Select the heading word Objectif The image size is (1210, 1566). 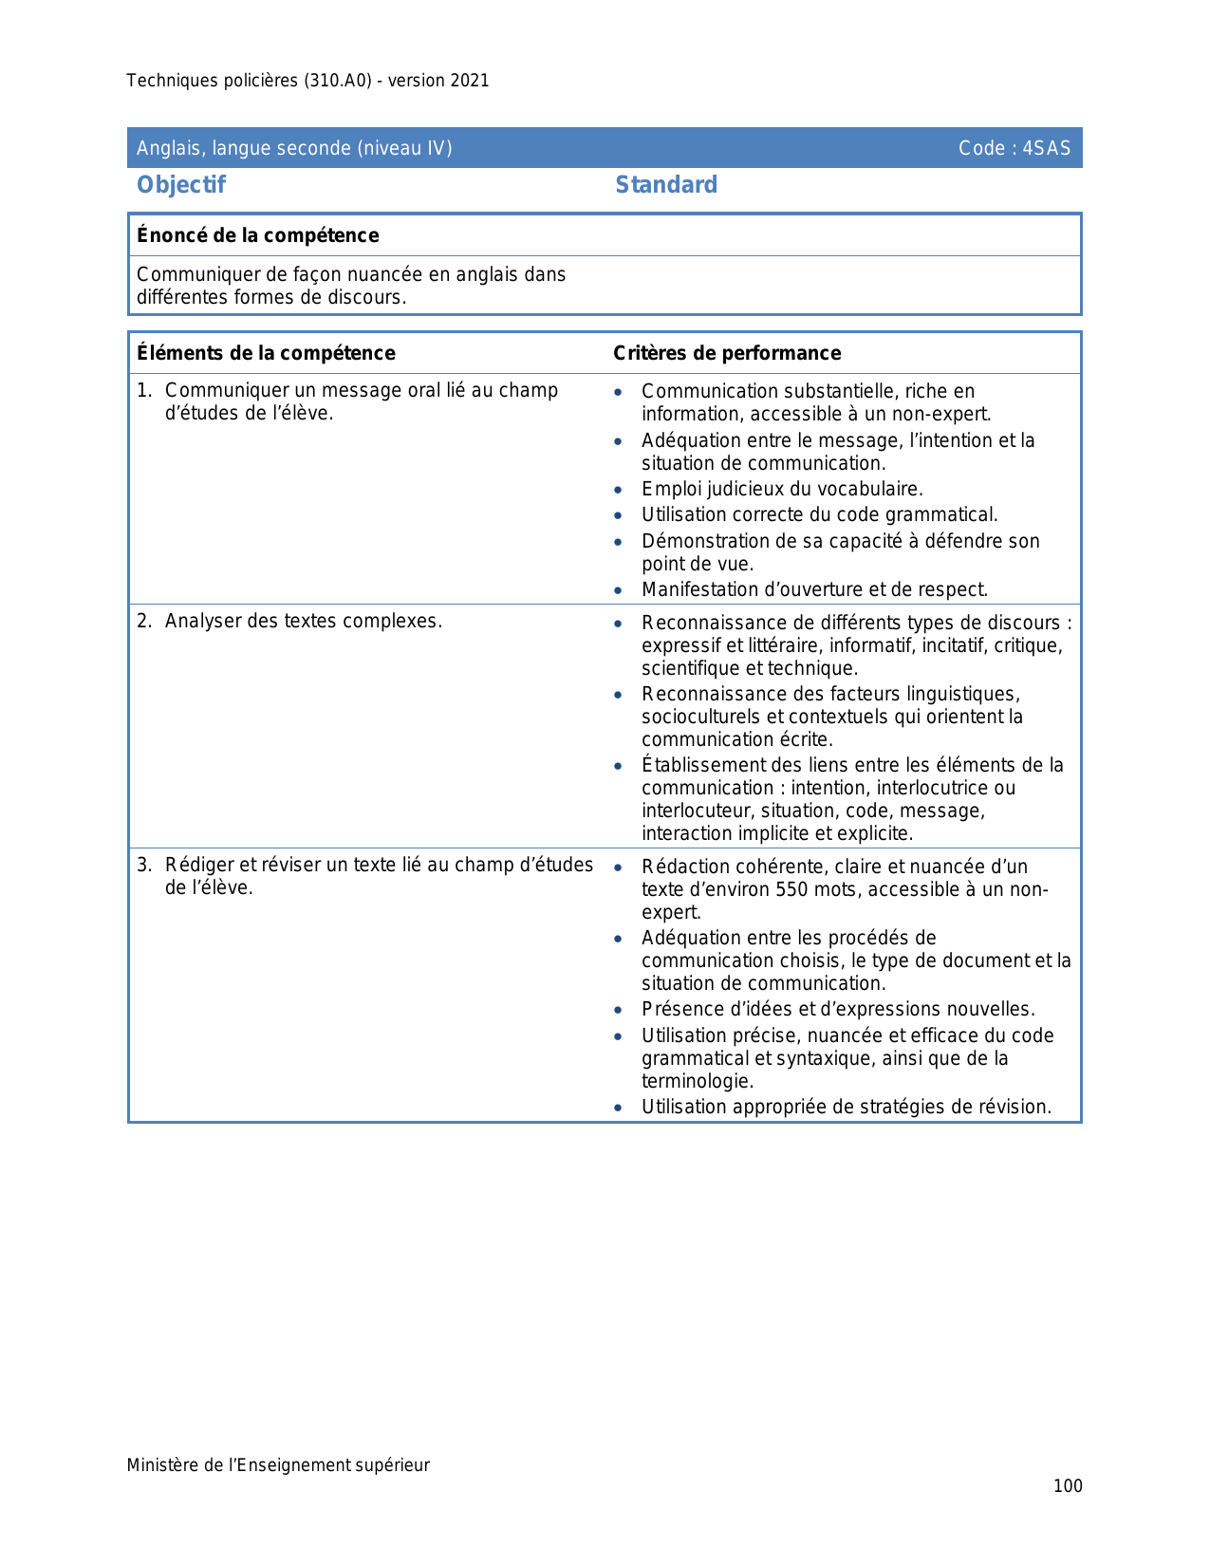click(181, 185)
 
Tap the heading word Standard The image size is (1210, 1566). click(666, 185)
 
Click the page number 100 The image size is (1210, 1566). click(1068, 1486)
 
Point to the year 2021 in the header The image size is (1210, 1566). click(470, 81)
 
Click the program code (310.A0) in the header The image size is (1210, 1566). click(338, 81)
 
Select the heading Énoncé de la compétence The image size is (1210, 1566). click(258, 235)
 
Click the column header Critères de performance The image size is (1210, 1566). click(727, 353)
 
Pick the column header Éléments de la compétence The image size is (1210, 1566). click(266, 353)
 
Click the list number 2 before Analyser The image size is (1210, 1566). click(143, 622)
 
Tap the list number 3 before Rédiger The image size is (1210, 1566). click(143, 866)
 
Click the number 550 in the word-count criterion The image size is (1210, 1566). click(793, 890)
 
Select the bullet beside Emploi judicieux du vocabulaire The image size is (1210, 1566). click(619, 491)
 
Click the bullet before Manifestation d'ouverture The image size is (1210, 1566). click(619, 590)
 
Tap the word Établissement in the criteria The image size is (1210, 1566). click(698, 765)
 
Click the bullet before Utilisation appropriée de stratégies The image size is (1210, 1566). click(619, 1108)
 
